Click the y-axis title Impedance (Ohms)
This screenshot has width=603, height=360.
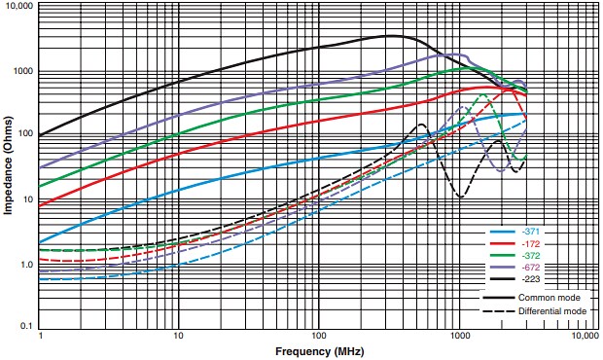[8, 168]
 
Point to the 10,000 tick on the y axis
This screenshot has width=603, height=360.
[18, 7]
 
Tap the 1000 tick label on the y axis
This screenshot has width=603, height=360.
[23, 71]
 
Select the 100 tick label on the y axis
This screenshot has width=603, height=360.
[25, 135]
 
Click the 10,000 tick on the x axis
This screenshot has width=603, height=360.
[585, 336]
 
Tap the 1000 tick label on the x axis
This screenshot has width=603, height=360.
[458, 336]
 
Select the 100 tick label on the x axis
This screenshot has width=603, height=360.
[318, 336]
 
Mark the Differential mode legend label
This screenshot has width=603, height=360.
[551, 310]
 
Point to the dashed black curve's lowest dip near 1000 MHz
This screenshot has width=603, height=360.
[460, 197]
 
